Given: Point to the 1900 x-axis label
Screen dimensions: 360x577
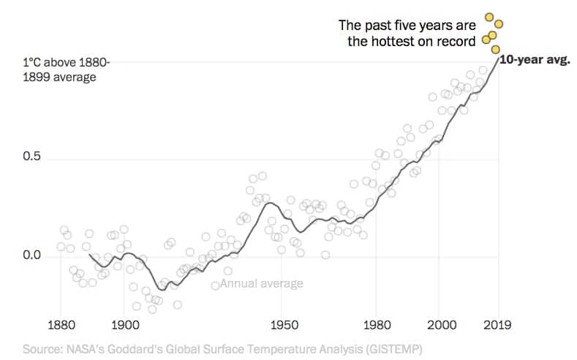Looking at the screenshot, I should [x=124, y=324].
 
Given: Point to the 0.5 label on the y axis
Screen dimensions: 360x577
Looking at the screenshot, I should [x=31, y=160].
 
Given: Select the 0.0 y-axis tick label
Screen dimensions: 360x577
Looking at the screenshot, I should [x=31, y=256].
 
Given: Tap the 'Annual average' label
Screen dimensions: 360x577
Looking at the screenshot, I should [x=261, y=284].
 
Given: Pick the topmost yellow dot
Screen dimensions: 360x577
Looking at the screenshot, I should [x=489, y=17].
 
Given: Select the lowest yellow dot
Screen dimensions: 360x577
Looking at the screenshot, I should [x=495, y=49].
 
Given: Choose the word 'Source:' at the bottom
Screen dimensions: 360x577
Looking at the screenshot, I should [x=42, y=348].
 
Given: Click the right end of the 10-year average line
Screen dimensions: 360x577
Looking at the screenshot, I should [x=499, y=56].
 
